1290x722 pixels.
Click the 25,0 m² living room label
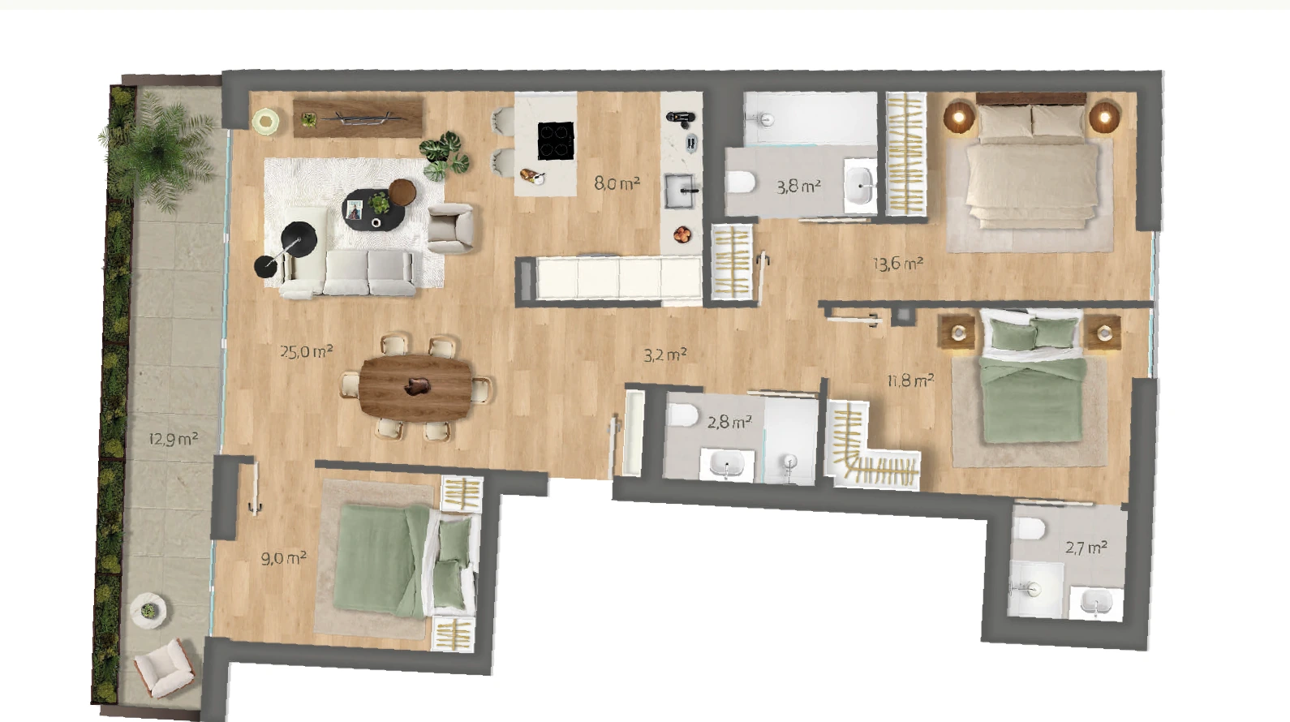point(307,351)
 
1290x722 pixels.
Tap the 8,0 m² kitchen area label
point(617,183)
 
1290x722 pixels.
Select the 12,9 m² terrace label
point(174,440)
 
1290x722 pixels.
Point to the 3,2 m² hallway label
point(664,355)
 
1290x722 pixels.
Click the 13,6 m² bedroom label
point(898,264)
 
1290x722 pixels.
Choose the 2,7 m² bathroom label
point(1086,547)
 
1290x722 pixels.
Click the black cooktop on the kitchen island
point(556,140)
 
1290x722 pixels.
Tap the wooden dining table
point(415,387)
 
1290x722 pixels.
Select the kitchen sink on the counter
point(681,191)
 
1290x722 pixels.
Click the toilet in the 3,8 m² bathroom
point(741,182)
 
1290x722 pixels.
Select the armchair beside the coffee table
point(450,229)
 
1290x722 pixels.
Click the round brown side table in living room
point(402,191)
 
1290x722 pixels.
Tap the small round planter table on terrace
point(149,610)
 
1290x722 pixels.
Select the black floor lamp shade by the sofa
point(299,239)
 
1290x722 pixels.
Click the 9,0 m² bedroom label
point(283,558)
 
